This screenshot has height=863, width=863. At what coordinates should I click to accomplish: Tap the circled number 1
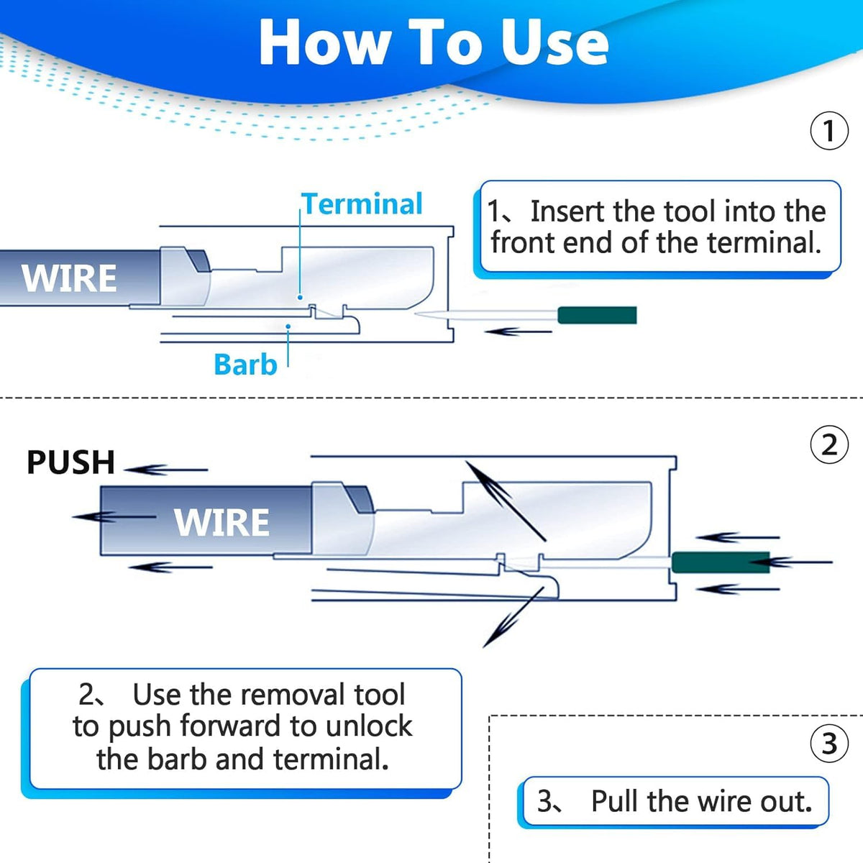tap(829, 131)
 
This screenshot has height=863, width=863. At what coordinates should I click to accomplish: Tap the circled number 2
tap(829, 445)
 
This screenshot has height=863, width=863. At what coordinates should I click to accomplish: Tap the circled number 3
tap(829, 743)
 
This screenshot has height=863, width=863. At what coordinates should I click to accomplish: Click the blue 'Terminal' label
tap(362, 204)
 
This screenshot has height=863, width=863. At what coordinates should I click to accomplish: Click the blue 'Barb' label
tap(245, 365)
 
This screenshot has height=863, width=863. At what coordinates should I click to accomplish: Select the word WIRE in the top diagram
tap(69, 279)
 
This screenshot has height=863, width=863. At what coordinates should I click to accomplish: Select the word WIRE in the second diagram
tap(222, 522)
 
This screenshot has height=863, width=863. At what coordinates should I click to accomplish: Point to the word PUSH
tap(70, 462)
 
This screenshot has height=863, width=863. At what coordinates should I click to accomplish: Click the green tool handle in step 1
tap(597, 315)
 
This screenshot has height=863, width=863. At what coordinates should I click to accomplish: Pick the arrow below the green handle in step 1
tap(518, 332)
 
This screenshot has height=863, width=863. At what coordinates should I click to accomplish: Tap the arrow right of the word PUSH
tap(165, 470)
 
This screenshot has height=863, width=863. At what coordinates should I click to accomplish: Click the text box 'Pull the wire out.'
tap(675, 801)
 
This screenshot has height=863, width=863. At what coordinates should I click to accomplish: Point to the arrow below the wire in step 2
tap(170, 567)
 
